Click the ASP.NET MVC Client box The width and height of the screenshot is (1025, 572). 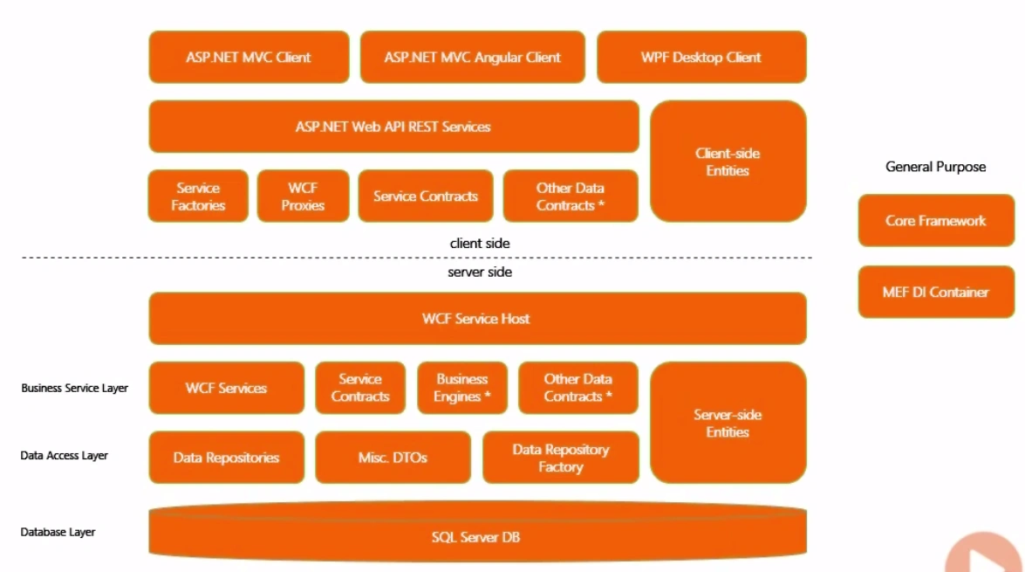[x=249, y=58]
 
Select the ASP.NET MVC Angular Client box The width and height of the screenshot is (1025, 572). [x=472, y=58]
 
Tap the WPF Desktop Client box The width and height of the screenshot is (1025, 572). [x=701, y=58]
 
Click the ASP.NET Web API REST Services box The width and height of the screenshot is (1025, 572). [x=393, y=127]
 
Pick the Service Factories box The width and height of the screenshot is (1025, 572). [x=198, y=196]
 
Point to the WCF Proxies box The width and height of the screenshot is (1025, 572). [x=303, y=196]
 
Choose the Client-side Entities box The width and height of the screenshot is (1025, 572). [x=728, y=162]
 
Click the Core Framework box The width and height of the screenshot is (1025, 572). [x=936, y=221]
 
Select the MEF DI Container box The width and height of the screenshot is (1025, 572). [x=936, y=293]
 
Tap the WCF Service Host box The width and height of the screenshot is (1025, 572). [x=476, y=319]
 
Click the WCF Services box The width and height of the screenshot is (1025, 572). [x=226, y=388]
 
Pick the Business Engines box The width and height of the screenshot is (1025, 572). [x=462, y=388]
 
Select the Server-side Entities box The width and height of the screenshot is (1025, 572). [x=728, y=423]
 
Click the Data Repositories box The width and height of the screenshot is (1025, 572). [x=226, y=458]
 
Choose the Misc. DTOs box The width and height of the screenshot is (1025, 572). [x=393, y=458]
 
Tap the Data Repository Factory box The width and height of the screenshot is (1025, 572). [x=560, y=458]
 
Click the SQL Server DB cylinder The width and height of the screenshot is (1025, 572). [x=476, y=537]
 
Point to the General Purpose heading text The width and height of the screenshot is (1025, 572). [x=935, y=167]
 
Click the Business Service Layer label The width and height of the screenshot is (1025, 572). [x=74, y=388]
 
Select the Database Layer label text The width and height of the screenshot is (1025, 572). [x=58, y=532]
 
